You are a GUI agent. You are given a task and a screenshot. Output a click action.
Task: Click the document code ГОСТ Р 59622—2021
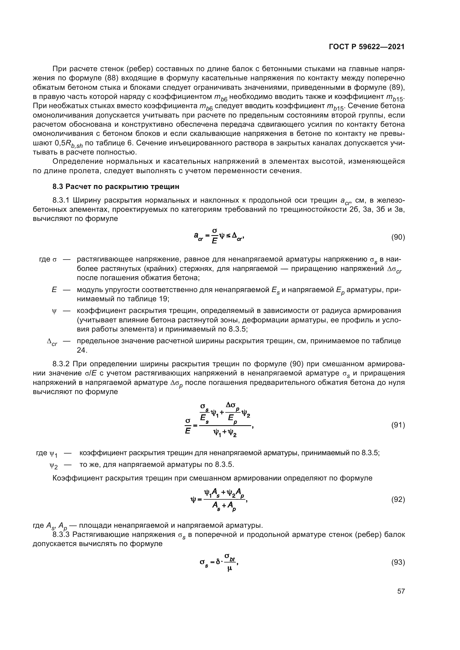(367, 47)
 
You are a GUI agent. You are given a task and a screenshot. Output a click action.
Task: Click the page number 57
(401, 591)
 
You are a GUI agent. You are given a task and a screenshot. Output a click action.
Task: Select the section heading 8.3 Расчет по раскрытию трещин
(116, 186)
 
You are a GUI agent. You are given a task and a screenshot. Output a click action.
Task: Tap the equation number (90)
(398, 237)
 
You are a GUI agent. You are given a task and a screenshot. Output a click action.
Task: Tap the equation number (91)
(398, 425)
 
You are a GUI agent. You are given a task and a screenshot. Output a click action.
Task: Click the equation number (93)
(398, 562)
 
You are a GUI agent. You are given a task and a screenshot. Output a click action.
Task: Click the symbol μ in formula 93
(229, 568)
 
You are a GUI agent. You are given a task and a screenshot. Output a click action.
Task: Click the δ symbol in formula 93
(218, 562)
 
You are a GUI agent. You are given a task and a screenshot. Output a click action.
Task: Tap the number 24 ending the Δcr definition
(81, 350)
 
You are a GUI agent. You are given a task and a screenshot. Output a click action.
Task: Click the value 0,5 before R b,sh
(60, 143)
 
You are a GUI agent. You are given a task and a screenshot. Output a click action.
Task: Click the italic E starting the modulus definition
(54, 290)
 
